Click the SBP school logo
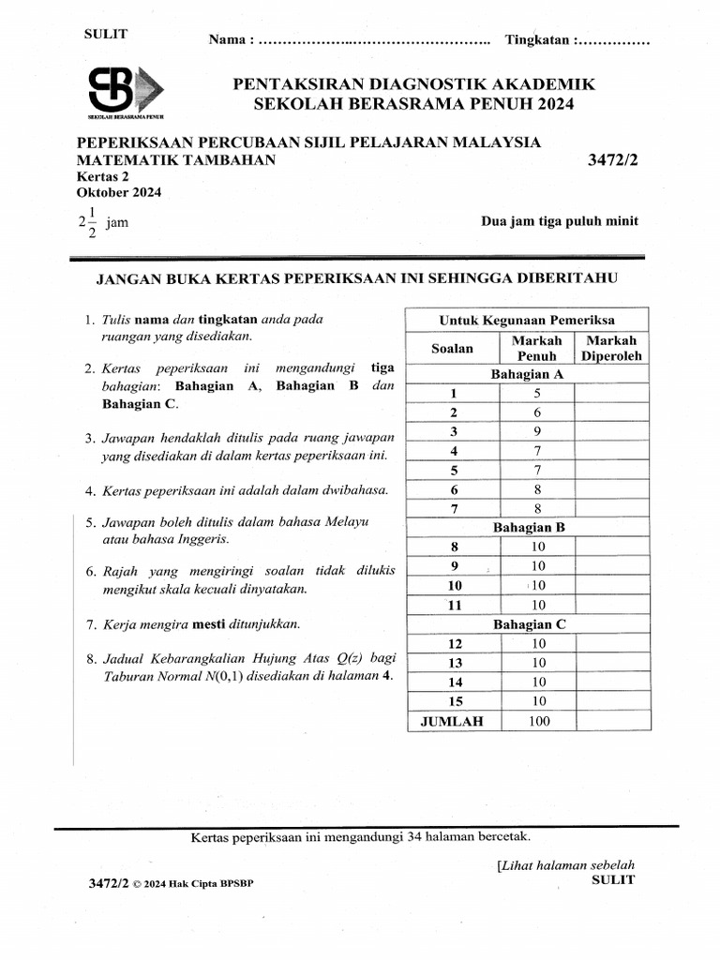point(125,91)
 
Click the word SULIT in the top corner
point(106,34)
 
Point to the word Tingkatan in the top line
point(538,40)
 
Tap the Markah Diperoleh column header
point(610,348)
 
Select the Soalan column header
point(452,349)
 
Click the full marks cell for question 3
point(537,431)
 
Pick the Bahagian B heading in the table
point(529,527)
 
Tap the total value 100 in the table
point(537,721)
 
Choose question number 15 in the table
point(455,701)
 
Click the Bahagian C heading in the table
point(529,623)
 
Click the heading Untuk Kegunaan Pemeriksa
point(528,321)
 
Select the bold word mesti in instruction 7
point(207,622)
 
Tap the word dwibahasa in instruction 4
point(360,489)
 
